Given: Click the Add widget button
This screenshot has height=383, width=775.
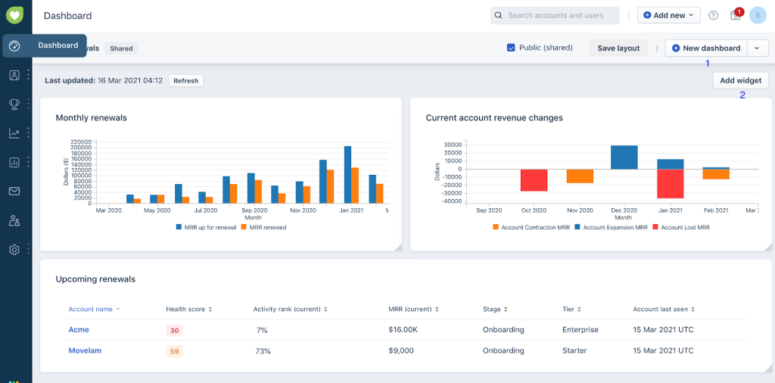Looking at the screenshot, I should (x=740, y=80).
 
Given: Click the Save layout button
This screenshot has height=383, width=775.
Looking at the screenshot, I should (x=618, y=48).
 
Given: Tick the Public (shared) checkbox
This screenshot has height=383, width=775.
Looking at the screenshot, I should (x=511, y=48).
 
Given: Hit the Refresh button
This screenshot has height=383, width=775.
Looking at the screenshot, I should (x=185, y=80).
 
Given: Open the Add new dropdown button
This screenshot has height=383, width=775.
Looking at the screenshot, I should (x=668, y=15).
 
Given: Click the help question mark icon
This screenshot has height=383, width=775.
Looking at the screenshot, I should (x=713, y=15).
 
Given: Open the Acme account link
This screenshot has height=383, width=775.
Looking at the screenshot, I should (x=79, y=330).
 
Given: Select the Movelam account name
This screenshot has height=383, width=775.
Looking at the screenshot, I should (x=85, y=350).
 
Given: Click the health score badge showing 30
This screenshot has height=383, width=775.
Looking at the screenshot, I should (x=174, y=331).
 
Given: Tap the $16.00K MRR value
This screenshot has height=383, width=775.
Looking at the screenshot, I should (x=403, y=330).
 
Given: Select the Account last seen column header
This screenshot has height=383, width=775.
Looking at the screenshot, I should (x=663, y=309).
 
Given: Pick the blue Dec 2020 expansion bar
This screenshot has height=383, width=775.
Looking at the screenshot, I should (x=624, y=157).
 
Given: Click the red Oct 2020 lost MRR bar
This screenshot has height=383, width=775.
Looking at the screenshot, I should (x=534, y=180).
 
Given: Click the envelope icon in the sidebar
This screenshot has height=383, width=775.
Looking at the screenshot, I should (x=14, y=191).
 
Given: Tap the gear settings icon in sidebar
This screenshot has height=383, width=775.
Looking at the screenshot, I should (x=14, y=249).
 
